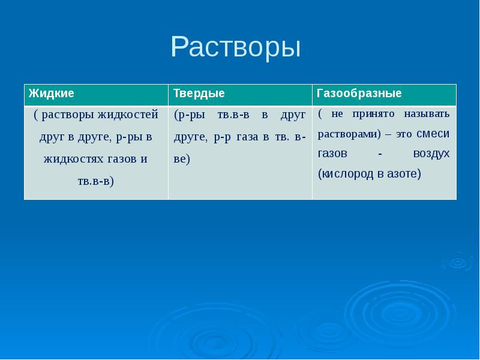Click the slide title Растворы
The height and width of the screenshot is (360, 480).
[235, 47]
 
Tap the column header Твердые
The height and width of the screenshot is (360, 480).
[199, 94]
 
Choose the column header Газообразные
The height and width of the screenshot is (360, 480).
[359, 94]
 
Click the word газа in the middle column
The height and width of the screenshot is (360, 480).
[247, 137]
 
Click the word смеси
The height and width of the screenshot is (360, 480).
[432, 134]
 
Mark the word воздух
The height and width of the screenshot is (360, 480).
[431, 154]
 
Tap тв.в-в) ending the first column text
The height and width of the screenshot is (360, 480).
[96, 181]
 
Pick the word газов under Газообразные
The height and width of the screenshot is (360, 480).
[332, 154]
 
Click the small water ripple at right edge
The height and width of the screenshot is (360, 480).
[457, 262]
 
